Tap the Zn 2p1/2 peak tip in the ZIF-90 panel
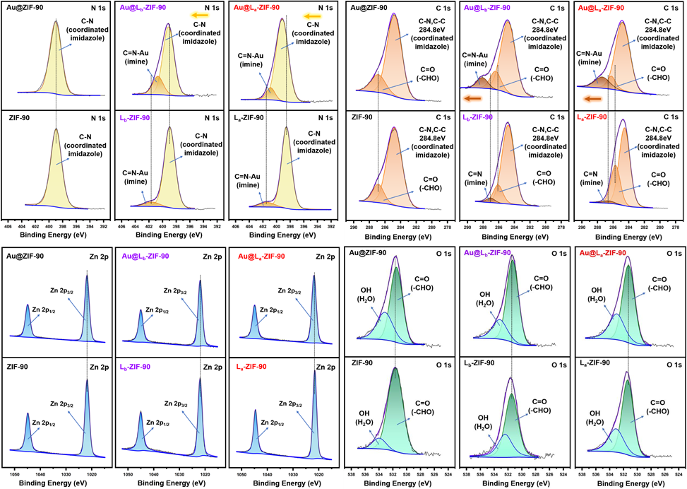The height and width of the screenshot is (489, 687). tap(28, 413)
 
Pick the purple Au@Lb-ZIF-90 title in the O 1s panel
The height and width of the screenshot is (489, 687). tap(487, 252)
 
